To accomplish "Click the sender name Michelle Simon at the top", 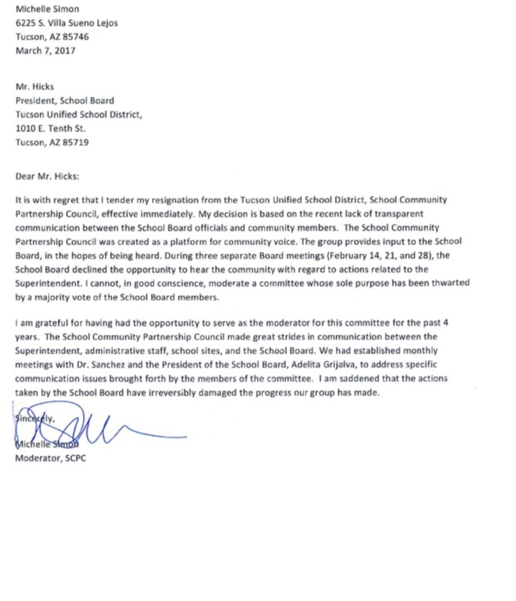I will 47,9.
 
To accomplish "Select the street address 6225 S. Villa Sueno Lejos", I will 68,23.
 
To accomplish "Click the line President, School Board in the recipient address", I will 65,100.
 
